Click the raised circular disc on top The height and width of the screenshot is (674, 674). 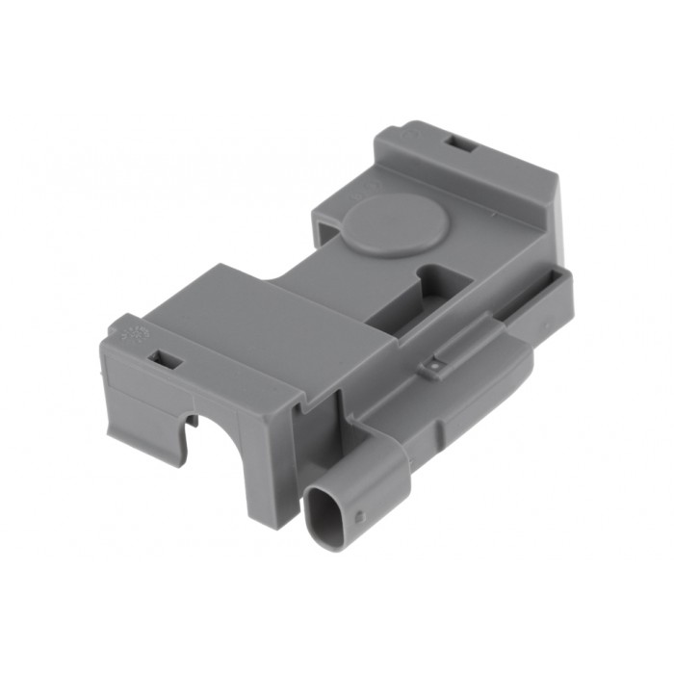point(395,224)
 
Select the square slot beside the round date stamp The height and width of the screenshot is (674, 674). point(166,359)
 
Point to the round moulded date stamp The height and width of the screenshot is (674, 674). point(135,336)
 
